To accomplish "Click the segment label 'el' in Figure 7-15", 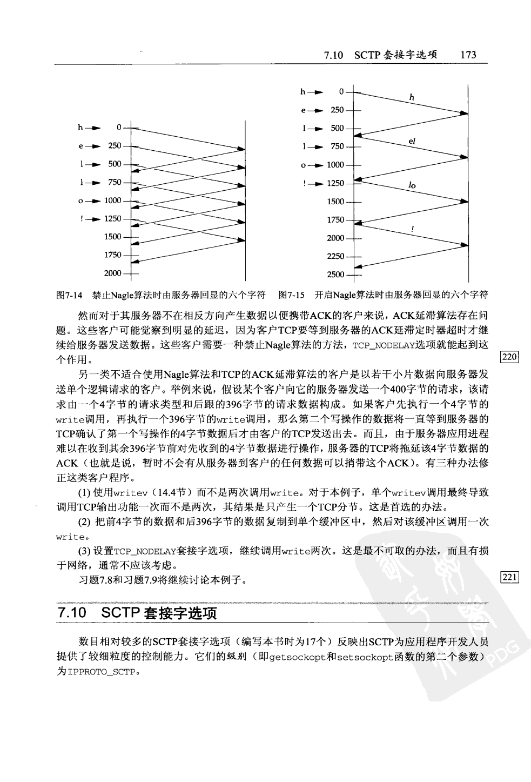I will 412,141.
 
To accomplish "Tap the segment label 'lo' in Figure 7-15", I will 412,185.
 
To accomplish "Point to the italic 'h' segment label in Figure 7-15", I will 412,98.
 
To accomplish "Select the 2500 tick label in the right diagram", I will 335,275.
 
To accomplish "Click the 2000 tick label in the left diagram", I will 112,273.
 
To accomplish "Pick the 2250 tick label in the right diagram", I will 335,256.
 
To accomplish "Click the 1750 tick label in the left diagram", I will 112,255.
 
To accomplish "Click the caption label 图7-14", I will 69,295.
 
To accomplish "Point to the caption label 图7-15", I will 292,295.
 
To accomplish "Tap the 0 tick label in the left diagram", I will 119,128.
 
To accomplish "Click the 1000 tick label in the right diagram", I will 335,165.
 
